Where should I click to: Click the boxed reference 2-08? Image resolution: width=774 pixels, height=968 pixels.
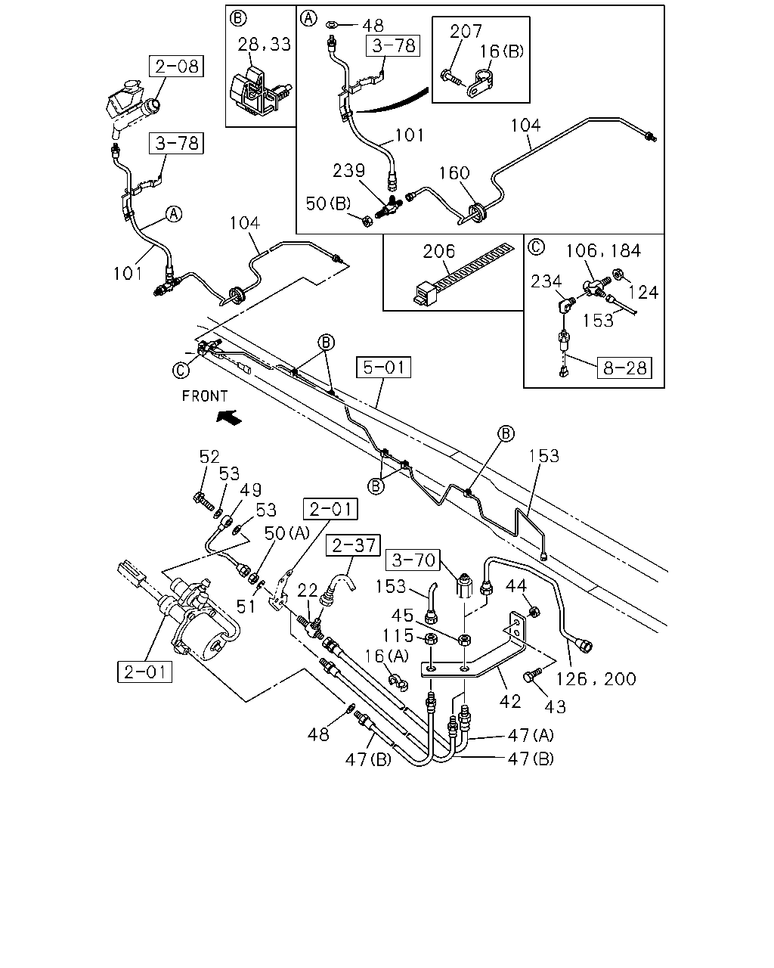[x=176, y=66]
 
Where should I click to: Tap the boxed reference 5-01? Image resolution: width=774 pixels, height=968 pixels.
[x=383, y=367]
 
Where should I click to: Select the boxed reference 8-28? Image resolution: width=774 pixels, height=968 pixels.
[x=624, y=368]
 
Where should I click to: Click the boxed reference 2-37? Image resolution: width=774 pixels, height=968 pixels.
[x=353, y=545]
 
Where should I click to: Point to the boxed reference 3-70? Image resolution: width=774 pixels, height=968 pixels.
[x=413, y=560]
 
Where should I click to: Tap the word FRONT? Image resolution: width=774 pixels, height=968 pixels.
[x=205, y=396]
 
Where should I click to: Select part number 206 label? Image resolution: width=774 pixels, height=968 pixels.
[x=439, y=251]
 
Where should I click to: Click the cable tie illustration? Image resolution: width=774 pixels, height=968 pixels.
[x=463, y=275]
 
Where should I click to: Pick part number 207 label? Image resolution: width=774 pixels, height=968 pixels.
[x=466, y=32]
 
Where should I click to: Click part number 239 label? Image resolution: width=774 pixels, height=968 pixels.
[x=348, y=170]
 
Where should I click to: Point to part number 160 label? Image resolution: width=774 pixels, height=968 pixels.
[x=454, y=172]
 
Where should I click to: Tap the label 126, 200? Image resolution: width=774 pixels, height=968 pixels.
[x=596, y=679]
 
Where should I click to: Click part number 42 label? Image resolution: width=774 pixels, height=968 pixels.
[x=510, y=701]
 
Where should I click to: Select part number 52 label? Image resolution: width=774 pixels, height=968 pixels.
[x=209, y=457]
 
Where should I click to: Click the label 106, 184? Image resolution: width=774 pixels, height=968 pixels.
[x=603, y=250]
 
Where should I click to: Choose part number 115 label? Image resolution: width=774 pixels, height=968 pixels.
[x=398, y=635]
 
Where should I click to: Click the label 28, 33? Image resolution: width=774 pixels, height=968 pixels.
[x=264, y=44]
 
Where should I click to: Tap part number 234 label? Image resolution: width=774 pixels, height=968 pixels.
[x=546, y=281]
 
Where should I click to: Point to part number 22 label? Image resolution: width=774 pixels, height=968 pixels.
[x=308, y=590]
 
